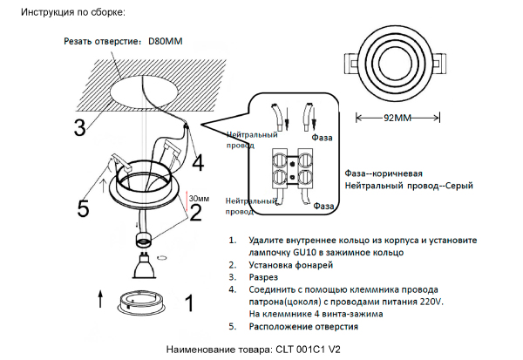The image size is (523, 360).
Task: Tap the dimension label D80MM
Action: (x=166, y=41)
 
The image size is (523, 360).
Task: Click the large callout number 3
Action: (x=79, y=127)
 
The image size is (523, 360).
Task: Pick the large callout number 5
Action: (x=83, y=208)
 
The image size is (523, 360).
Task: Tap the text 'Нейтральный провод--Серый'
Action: (x=404, y=187)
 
